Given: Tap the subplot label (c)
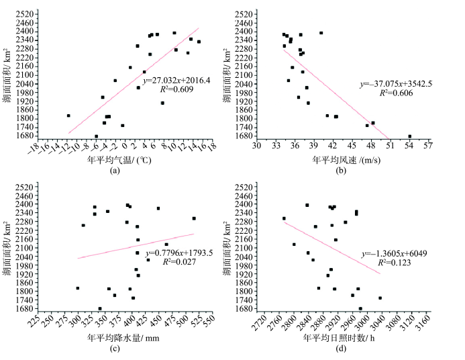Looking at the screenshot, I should (115, 347).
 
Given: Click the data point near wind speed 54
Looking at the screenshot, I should (409, 136).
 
